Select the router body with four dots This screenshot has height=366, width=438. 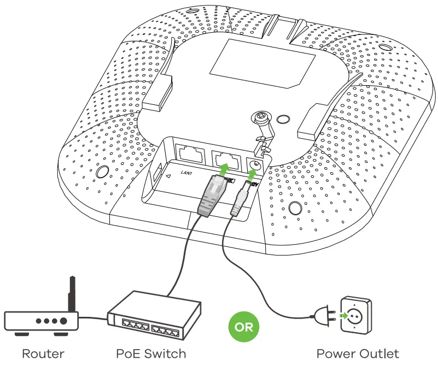[42, 321]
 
